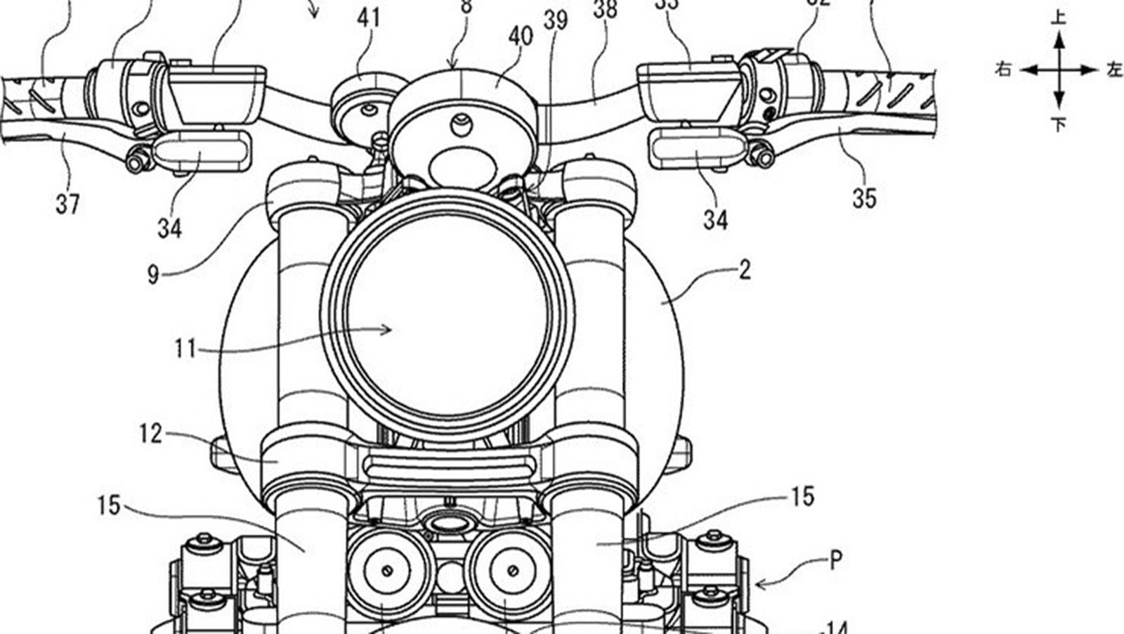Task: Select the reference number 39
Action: [x=556, y=20]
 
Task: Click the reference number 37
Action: [x=67, y=205]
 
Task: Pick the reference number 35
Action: [x=864, y=199]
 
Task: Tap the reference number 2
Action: [x=745, y=269]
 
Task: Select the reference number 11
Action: [x=185, y=348]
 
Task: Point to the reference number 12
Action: [x=150, y=434]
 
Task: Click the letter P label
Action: [x=835, y=560]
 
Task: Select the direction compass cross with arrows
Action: [x=1059, y=70]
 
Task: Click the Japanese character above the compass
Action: [x=1059, y=17]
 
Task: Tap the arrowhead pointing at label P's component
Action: [x=759, y=582]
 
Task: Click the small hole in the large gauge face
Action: [x=460, y=125]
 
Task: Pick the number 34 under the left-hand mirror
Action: [x=169, y=228]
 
